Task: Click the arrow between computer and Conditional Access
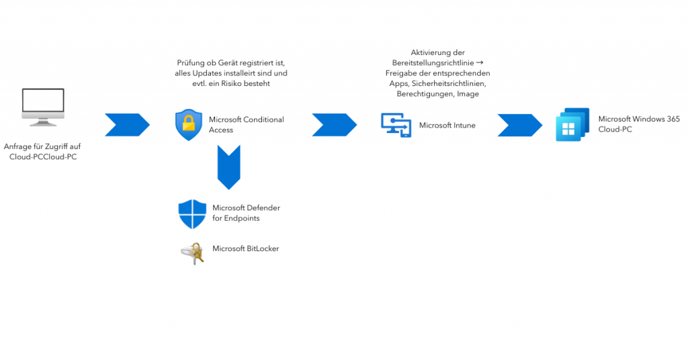click(127, 125)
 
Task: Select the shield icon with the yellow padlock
click(188, 125)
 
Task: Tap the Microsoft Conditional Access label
click(246, 124)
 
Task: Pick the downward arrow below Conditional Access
click(229, 168)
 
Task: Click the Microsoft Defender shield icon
click(192, 214)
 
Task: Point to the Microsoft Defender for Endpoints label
click(246, 213)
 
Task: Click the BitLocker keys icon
click(192, 253)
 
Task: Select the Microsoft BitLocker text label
click(245, 249)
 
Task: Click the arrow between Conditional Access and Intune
click(334, 125)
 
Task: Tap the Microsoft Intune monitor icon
click(396, 125)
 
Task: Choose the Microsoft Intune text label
click(447, 125)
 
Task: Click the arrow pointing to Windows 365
click(519, 125)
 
